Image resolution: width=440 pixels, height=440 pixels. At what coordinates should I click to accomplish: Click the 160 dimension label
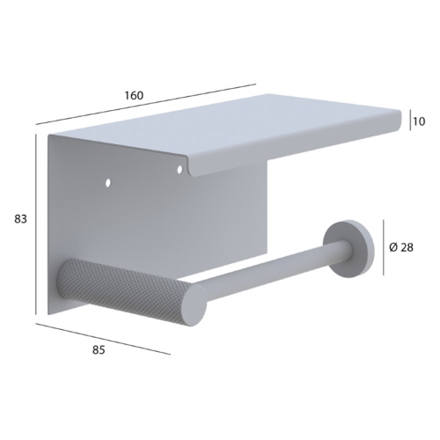134,95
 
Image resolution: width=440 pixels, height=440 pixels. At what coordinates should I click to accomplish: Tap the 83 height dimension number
20,219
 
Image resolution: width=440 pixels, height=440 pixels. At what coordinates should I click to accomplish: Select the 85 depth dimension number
99,350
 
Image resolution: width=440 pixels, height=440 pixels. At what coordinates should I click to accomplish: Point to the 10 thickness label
420,121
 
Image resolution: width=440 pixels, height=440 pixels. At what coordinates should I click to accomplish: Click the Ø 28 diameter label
401,248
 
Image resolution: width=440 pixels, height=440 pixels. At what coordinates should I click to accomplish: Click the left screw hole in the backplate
108,183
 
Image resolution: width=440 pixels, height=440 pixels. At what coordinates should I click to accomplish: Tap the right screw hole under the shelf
180,169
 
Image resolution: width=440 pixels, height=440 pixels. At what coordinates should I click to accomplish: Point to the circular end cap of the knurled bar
194,304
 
